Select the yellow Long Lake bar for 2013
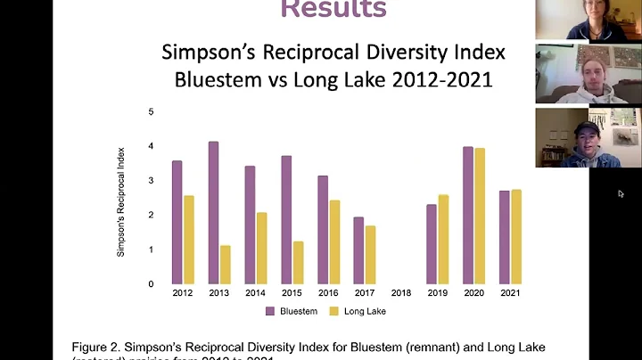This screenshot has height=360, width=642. tap(226, 265)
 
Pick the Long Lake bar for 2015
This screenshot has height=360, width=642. tap(298, 262)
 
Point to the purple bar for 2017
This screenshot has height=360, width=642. tap(358, 250)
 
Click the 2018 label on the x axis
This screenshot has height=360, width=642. tap(401, 292)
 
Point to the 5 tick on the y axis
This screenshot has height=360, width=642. tap(151, 111)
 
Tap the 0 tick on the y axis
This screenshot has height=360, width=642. tap(151, 284)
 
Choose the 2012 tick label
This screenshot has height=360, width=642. tap(183, 292)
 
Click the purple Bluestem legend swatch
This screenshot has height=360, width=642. tap(269, 312)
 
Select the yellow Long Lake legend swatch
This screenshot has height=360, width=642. tap(336, 312)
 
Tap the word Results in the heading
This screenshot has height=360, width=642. tap(333, 9)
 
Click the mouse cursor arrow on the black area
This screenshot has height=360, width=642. tap(621, 193)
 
